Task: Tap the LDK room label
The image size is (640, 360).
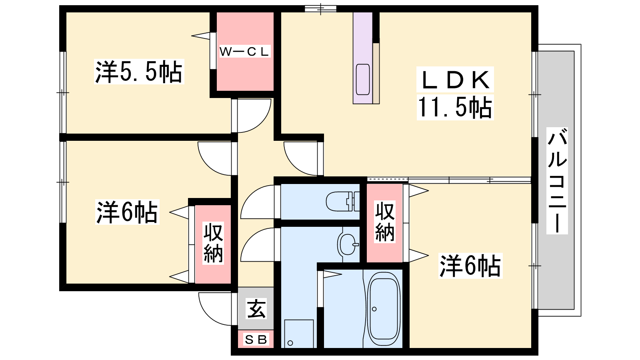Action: tap(455, 80)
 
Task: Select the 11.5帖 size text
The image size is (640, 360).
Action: tap(455, 107)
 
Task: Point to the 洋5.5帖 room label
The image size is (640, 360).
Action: tap(139, 72)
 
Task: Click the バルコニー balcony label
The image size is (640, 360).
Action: tap(557, 181)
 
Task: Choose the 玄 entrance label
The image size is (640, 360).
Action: tap(256, 309)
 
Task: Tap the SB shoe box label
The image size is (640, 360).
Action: tap(256, 340)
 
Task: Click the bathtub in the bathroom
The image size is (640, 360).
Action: tap(384, 309)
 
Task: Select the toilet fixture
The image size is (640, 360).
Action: tap(342, 201)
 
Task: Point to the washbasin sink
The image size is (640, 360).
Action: tap(348, 243)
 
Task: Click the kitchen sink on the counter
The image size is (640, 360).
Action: tap(363, 79)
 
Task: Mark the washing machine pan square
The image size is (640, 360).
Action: tap(299, 334)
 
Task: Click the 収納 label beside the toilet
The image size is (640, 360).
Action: tap(385, 222)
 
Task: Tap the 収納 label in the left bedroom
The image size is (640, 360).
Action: tap(213, 243)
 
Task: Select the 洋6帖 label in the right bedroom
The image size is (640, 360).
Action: tap(470, 266)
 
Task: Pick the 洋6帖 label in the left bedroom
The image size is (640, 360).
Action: tap(127, 212)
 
